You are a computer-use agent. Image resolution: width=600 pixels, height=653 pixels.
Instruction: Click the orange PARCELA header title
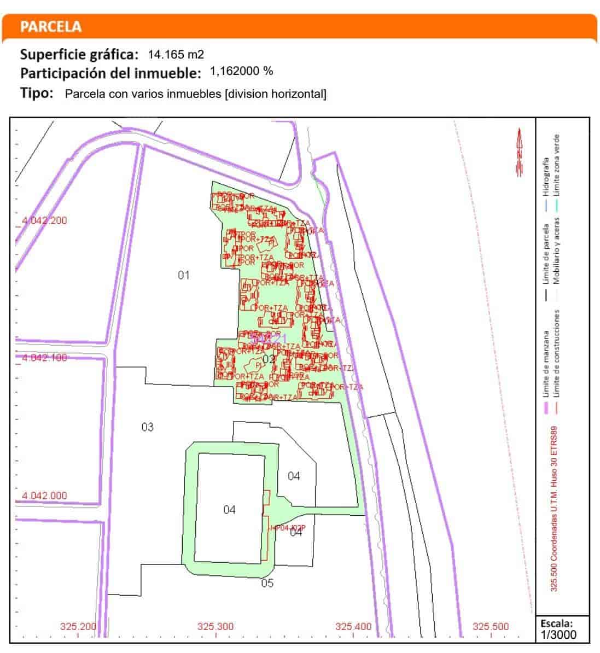50,26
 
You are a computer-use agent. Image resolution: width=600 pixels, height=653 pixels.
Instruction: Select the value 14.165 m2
176,55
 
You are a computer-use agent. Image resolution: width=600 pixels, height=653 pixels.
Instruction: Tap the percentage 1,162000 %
241,71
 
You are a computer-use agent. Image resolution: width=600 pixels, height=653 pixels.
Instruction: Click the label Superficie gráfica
79,55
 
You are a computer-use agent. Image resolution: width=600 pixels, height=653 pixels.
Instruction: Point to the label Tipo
37,93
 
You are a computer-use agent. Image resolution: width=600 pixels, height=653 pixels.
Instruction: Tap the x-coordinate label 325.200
78,627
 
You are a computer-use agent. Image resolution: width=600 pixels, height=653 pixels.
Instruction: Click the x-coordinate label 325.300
215,627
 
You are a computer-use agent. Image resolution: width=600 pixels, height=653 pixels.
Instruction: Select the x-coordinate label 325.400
353,627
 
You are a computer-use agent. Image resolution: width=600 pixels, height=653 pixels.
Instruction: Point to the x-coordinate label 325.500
490,627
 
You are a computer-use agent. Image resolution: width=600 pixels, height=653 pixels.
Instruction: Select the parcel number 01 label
184,275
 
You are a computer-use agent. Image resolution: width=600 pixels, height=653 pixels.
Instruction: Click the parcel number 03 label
148,427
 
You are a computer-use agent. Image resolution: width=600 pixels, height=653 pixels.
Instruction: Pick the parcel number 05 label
267,583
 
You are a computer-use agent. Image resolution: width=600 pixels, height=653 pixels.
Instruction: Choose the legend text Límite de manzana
545,364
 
